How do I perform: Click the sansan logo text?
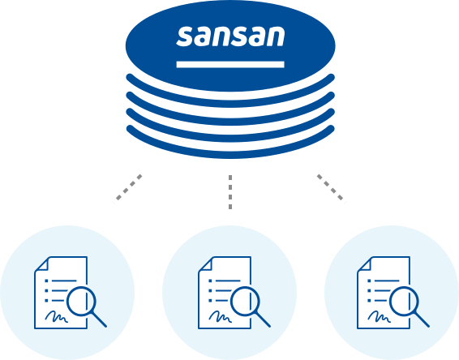[x=230, y=36]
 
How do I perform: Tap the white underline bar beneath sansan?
[x=230, y=64]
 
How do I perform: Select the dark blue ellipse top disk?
[x=230, y=45]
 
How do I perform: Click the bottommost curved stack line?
[x=230, y=153]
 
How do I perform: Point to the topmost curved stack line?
[x=230, y=102]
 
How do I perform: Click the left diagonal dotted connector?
[x=129, y=187]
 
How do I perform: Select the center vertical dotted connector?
[x=230, y=192]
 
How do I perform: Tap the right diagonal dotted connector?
[x=330, y=187]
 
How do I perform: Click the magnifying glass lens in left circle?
[x=81, y=302]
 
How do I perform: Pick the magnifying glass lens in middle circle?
[x=245, y=302]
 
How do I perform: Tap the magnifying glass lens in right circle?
[x=404, y=302]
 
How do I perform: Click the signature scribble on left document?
[x=57, y=317]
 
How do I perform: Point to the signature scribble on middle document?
[x=221, y=317]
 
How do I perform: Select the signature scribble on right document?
[x=380, y=317]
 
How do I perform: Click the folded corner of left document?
[x=42, y=264]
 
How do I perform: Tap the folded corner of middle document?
[x=205, y=264]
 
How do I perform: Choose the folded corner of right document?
[x=364, y=264]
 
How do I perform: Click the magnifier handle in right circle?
[x=423, y=319]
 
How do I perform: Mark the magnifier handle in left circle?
[x=99, y=319]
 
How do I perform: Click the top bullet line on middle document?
[x=225, y=281]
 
